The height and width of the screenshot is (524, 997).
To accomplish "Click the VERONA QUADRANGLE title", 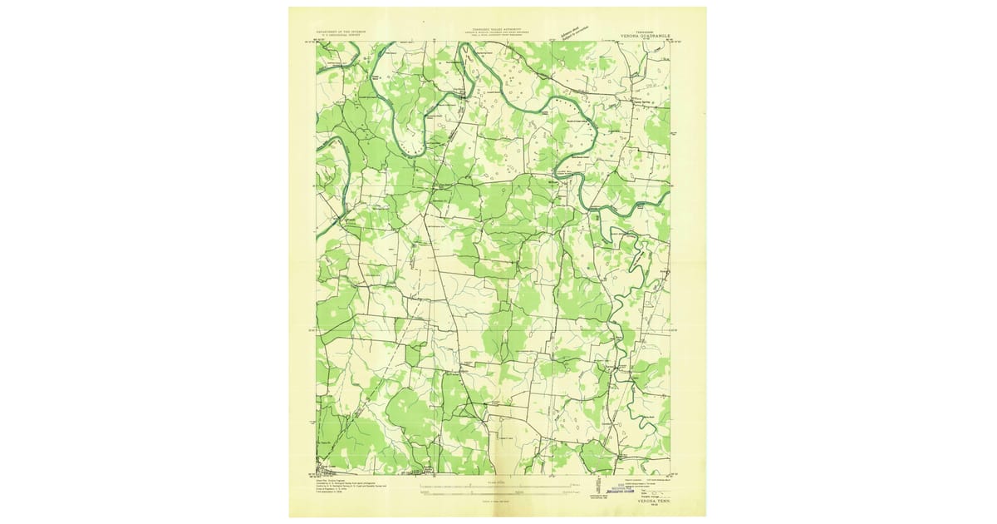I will [x=643, y=37].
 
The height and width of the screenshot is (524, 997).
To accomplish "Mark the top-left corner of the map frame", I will [x=317, y=42].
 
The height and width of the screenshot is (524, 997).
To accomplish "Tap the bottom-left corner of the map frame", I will [x=317, y=475].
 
